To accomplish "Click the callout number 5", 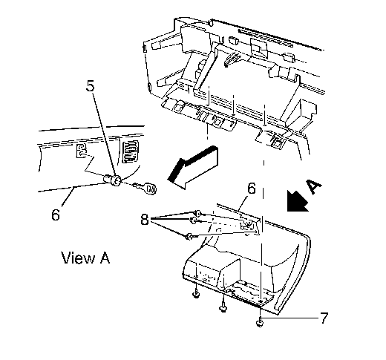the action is click(91, 86).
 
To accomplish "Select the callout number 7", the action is click(324, 318).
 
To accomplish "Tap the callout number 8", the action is click(145, 219).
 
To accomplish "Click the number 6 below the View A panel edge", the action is click(56, 215).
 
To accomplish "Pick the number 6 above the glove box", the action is click(252, 189).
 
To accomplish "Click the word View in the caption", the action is click(78, 258).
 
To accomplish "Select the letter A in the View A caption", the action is click(105, 258).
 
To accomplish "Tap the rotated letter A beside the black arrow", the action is click(314, 186).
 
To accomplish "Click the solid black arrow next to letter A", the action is click(297, 201).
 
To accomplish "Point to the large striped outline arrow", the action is click(193, 167).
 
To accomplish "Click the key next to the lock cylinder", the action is click(145, 188).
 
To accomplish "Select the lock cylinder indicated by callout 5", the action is click(112, 180).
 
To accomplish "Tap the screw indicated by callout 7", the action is click(260, 321).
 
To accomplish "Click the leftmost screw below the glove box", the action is click(196, 293).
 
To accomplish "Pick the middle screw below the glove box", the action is click(223, 307).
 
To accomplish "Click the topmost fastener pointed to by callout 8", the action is click(197, 212).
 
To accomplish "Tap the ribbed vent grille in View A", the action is click(130, 152).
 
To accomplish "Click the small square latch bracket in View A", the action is click(81, 151).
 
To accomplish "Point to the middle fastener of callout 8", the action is click(194, 220).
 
